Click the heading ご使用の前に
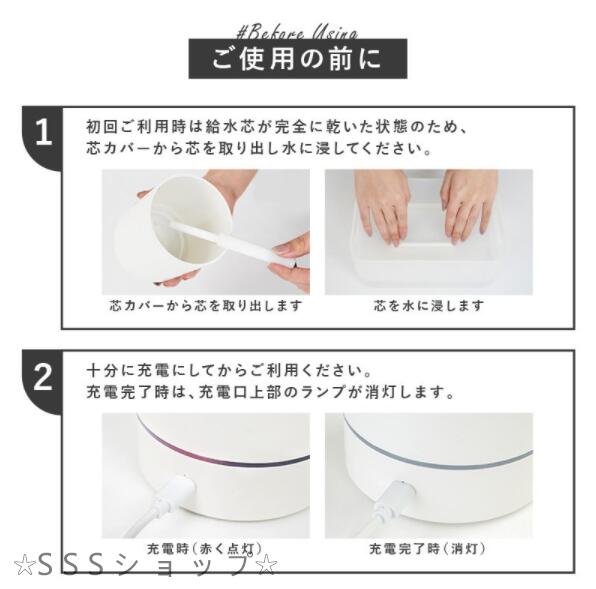297,59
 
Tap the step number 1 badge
43,134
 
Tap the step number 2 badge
43,377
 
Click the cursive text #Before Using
297,33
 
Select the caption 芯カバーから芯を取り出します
206,306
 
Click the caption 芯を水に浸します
429,306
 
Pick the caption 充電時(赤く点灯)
204,549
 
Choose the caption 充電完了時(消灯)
428,549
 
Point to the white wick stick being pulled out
233,243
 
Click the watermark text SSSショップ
144,565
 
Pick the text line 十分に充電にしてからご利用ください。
229,371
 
